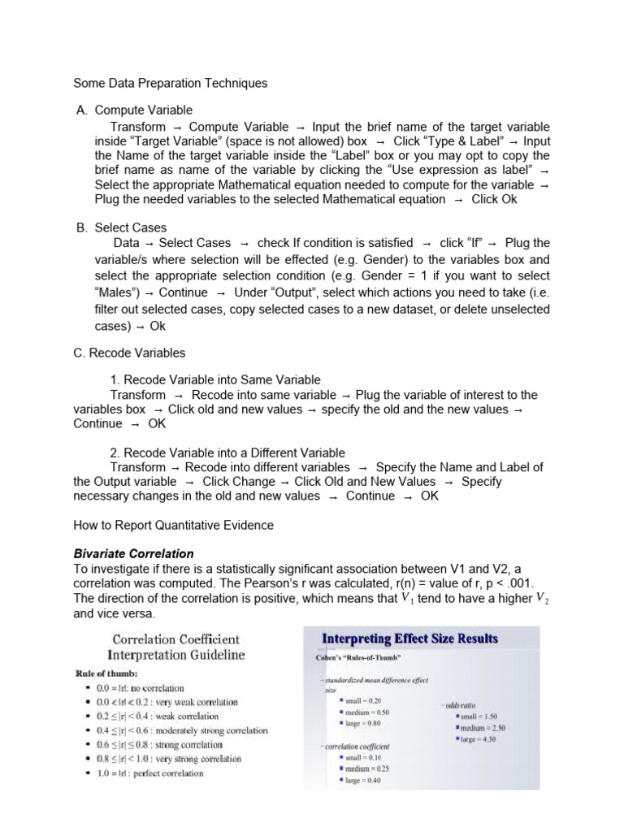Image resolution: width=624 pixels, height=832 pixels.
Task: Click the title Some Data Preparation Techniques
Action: click(170, 83)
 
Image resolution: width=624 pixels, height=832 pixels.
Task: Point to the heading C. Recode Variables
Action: click(129, 353)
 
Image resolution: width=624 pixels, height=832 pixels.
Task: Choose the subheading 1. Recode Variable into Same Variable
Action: click(215, 379)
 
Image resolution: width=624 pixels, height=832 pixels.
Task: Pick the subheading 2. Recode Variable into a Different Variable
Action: click(227, 453)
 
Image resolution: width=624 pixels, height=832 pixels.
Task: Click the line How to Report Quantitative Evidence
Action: click(173, 525)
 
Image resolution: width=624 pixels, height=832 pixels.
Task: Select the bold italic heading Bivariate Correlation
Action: click(134, 554)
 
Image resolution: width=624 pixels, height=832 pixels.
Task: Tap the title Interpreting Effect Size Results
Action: click(411, 639)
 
